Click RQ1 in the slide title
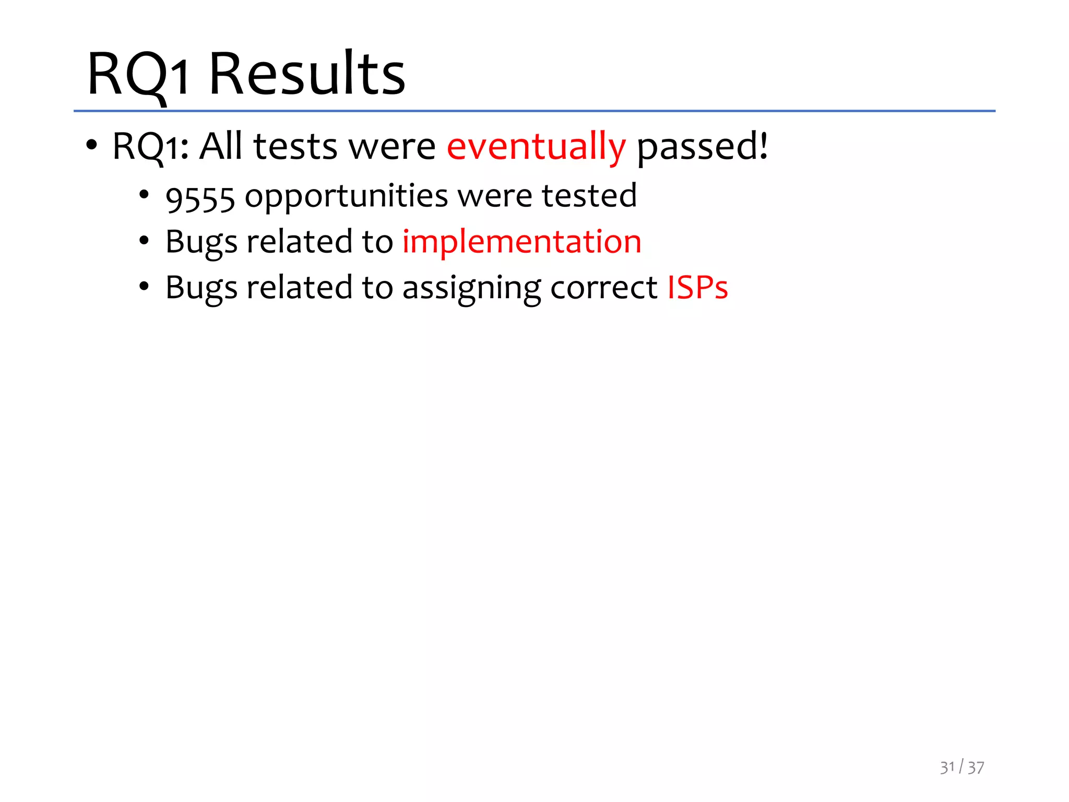[x=138, y=74]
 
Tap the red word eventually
[x=536, y=147]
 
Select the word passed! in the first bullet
[x=702, y=147]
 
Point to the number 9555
[x=200, y=198]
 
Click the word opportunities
[x=346, y=196]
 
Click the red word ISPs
[x=698, y=288]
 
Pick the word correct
[x=604, y=288]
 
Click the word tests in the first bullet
[x=295, y=147]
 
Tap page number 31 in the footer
[x=947, y=768]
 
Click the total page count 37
[x=976, y=768]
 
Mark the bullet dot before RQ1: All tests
[x=92, y=146]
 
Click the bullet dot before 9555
[x=144, y=195]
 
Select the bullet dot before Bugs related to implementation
[x=144, y=241]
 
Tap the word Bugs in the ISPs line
[x=201, y=289]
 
